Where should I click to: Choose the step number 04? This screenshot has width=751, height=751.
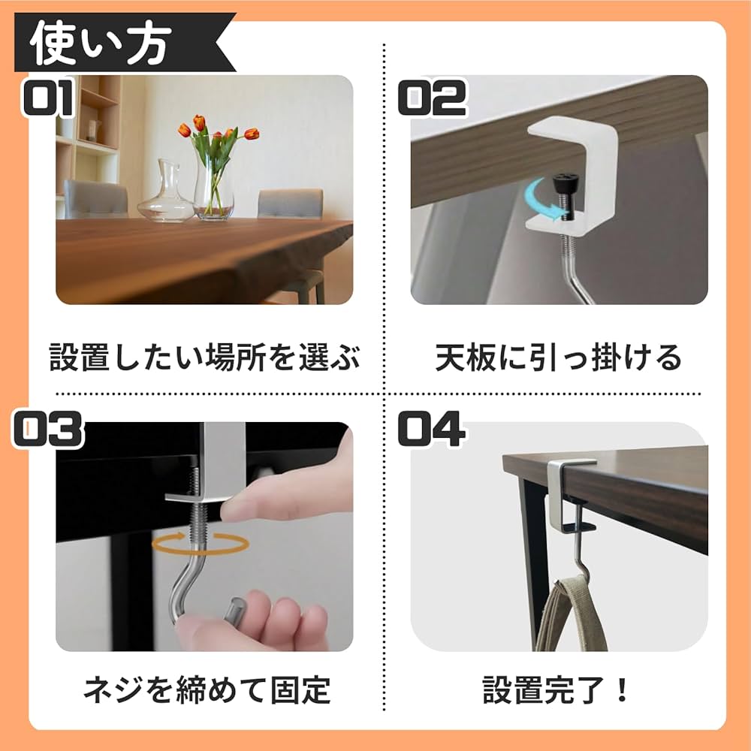click(x=431, y=430)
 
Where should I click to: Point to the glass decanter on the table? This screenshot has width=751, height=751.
click(x=166, y=193)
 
